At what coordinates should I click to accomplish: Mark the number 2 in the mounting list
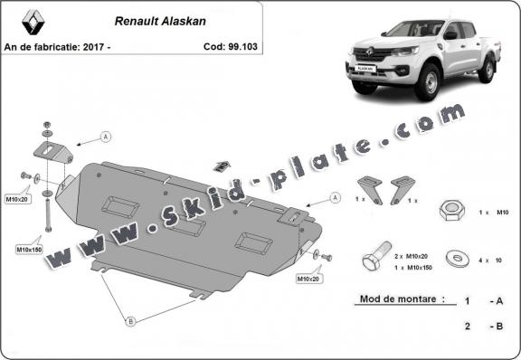coord(467,324)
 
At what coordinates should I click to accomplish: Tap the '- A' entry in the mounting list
coord(495,299)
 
